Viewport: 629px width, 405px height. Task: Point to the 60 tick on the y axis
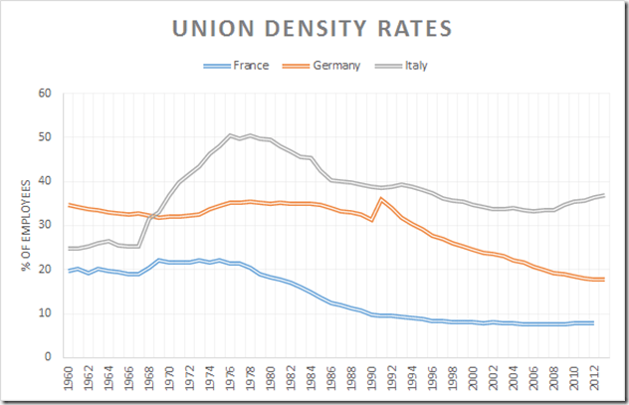(45, 94)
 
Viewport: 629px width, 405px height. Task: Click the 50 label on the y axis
(45, 137)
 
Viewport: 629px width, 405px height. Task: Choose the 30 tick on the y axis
(45, 225)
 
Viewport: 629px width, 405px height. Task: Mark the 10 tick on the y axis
(45, 312)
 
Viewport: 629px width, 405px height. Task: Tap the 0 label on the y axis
(48, 356)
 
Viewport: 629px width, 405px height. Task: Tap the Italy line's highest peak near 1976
(230, 135)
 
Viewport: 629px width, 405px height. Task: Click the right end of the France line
(594, 323)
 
